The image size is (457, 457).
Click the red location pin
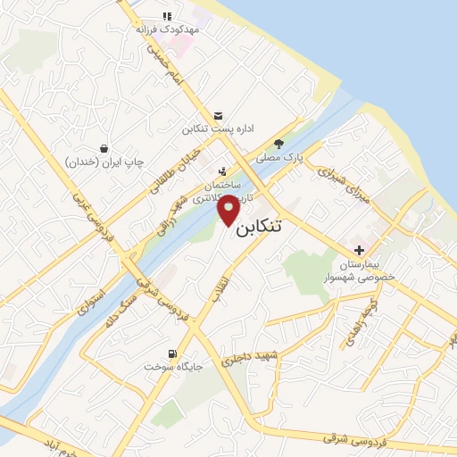click(x=228, y=211)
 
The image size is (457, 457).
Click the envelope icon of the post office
click(x=219, y=114)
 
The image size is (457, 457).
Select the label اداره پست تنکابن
click(x=219, y=129)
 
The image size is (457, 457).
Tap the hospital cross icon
click(x=361, y=250)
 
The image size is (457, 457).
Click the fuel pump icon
click(x=172, y=352)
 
